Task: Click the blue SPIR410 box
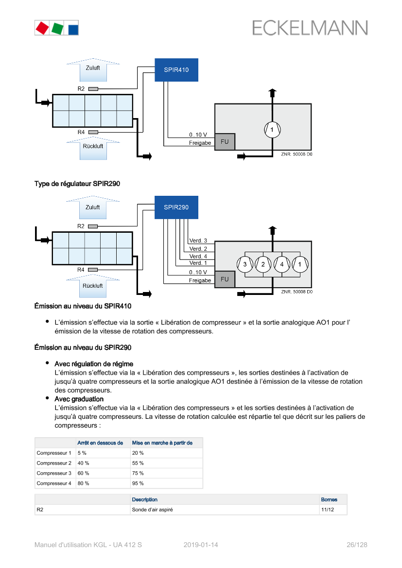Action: pos(176,70)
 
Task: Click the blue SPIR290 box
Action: pos(176,207)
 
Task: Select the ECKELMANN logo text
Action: pos(310,28)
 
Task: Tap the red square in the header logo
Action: pos(42,28)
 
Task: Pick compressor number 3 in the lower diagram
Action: pos(245,264)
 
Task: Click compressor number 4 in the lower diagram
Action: pos(281,264)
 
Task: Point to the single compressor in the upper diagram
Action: pos(272,129)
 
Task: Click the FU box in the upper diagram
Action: pos(225,142)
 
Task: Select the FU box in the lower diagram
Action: pos(225,279)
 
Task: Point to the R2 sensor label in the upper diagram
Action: pos(81,89)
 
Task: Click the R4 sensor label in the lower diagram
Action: pos(81,270)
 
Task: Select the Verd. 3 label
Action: pos(198,241)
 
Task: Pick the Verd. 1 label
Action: pos(198,263)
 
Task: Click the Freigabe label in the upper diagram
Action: pos(200,143)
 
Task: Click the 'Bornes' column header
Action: pos(329,499)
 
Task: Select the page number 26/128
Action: pos(357,545)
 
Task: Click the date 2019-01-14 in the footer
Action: pos(201,545)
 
